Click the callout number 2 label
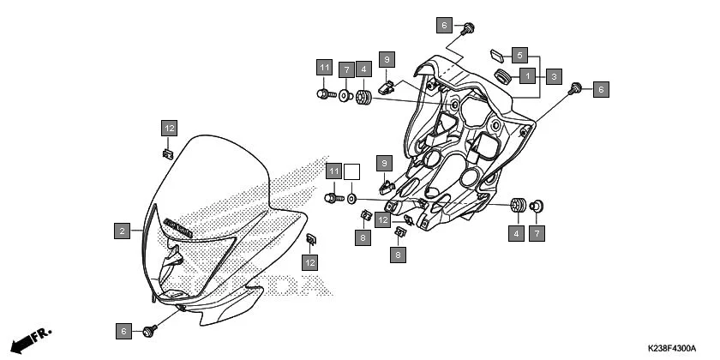pos(123,231)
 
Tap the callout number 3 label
pos(555,75)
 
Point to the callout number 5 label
pos(519,54)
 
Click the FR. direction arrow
pos(32,337)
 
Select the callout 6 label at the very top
pos(444,25)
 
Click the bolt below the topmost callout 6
pos(469,30)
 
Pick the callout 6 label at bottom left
pos(123,331)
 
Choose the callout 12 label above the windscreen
pos(169,129)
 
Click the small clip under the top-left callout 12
pos(168,154)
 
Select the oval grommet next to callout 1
pos(501,78)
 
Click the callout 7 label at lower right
pos(537,232)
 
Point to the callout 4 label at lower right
pos(517,232)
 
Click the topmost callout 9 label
pos(387,59)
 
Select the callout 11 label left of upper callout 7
pos(323,68)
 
